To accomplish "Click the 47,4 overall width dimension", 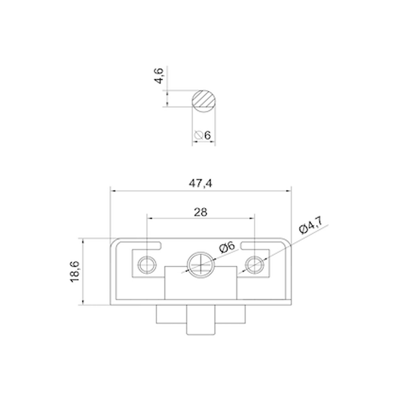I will click(200, 183).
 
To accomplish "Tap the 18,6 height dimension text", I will click(75, 272).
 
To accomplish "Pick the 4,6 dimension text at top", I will click(159, 75).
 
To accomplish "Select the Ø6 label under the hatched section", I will click(203, 135).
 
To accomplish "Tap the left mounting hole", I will click(147, 264).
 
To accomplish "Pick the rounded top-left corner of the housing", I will click(114, 242).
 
